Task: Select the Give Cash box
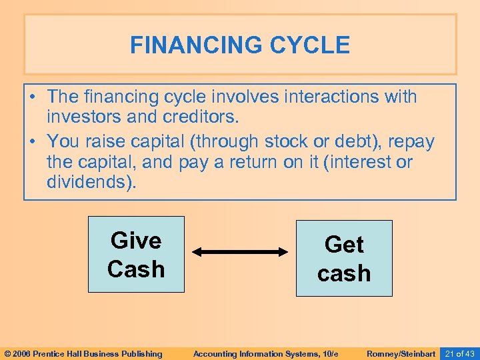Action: click(x=136, y=255)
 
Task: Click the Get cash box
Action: click(x=344, y=259)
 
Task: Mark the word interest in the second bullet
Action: click(x=362, y=162)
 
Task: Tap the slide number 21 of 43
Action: click(x=459, y=353)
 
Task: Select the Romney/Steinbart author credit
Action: click(x=401, y=353)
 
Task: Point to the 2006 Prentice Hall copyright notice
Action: click(x=83, y=353)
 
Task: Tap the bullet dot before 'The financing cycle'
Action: click(x=33, y=97)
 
